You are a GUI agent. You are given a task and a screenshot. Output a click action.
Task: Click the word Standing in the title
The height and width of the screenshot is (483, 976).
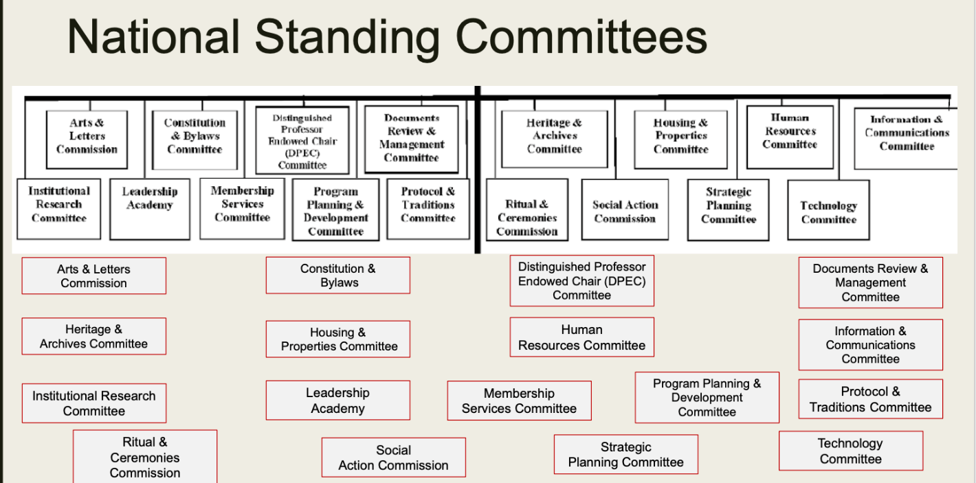coord(347,38)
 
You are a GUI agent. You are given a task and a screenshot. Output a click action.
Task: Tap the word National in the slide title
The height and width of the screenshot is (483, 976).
coord(153,36)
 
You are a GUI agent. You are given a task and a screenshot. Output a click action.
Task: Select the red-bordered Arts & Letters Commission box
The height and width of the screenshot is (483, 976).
coord(94,276)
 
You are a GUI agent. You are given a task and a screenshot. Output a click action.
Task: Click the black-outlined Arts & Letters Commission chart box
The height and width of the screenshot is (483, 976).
coord(87,139)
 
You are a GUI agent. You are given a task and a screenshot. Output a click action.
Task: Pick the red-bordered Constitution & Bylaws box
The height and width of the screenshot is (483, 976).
coord(338,276)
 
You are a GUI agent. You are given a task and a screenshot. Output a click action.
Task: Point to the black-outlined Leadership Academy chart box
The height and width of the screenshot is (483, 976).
coord(150,209)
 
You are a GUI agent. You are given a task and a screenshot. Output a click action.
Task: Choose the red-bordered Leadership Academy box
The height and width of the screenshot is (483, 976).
coord(338,401)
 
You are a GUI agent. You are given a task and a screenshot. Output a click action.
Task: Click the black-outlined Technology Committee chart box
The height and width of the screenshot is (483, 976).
coord(829,210)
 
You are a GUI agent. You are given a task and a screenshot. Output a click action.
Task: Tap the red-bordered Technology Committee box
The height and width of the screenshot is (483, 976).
coord(851,451)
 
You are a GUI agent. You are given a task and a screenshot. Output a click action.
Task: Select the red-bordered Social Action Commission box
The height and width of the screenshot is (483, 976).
coord(394,458)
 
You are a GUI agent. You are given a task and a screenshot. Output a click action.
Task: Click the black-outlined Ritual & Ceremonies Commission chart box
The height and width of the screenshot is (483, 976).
coord(527,210)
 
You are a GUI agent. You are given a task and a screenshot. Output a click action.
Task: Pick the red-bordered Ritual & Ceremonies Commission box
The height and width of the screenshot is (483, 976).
coord(145,456)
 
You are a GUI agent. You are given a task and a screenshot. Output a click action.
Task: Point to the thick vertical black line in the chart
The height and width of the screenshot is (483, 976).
coord(478,170)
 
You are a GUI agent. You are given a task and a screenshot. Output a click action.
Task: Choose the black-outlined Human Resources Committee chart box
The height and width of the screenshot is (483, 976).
coord(790,137)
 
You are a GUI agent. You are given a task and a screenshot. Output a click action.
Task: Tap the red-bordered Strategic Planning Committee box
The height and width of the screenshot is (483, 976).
coord(626,454)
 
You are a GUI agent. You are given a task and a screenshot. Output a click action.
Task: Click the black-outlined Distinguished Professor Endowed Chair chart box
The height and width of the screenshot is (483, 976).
coord(302,140)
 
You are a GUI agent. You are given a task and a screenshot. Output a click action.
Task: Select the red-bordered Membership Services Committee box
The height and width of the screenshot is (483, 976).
coord(520,401)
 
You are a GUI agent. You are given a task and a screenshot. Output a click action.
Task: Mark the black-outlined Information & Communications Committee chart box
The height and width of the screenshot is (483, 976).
coord(907,139)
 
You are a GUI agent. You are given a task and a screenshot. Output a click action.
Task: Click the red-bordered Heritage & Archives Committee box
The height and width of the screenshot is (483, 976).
coord(94,336)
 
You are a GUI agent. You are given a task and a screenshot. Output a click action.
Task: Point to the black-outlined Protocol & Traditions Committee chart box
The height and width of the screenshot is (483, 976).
coord(428,209)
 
